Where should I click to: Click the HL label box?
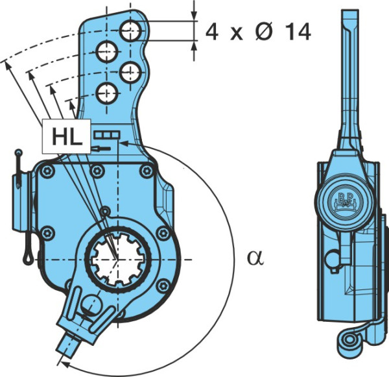[66, 136]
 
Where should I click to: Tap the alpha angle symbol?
[255, 258]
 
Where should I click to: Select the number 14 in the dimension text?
[298, 32]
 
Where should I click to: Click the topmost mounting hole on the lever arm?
[130, 30]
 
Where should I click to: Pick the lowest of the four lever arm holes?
[107, 93]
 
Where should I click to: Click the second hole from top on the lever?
[107, 52]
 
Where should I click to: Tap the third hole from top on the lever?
[130, 72]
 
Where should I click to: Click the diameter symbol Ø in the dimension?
[265, 32]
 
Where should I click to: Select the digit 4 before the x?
[211, 32]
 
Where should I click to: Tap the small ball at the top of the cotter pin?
[18, 152]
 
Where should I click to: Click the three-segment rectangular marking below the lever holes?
[107, 135]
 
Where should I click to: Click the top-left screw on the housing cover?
[47, 171]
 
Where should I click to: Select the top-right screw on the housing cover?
[147, 171]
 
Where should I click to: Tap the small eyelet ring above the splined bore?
[105, 211]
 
